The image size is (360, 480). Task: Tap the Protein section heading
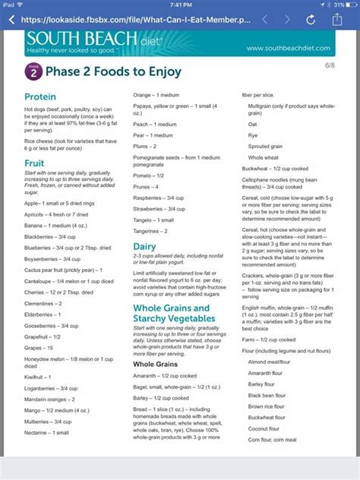(x=40, y=97)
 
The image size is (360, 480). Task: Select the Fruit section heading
(x=34, y=163)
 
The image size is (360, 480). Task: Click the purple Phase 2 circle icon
(x=32, y=71)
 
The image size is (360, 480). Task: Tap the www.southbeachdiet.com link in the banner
(x=289, y=49)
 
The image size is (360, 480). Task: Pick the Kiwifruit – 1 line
(x=43, y=376)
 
